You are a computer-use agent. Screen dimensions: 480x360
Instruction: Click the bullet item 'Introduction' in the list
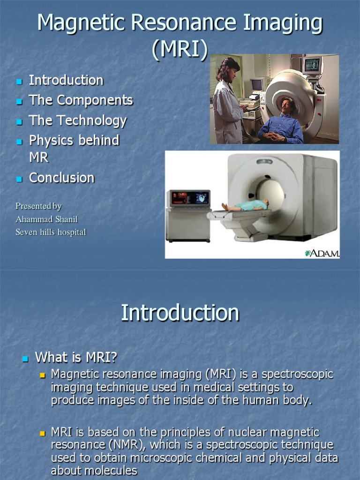coord(66,80)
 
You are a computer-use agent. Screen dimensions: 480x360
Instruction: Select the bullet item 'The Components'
coord(81,100)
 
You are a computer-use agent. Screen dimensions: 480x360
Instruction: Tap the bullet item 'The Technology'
coord(78,120)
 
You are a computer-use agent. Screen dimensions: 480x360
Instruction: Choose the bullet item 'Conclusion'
coord(62,178)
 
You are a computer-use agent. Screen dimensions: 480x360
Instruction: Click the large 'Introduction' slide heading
coord(180,313)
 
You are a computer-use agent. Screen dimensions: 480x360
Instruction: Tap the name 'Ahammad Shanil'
coord(46,219)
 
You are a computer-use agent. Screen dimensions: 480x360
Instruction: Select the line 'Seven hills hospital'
coord(51,232)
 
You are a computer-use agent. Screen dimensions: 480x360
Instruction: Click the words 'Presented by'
coord(38,206)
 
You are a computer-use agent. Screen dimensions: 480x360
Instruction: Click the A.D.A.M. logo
coord(322,253)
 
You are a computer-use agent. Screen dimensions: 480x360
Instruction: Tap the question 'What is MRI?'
coord(76,358)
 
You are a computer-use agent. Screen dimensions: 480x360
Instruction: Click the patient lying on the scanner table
coord(246,205)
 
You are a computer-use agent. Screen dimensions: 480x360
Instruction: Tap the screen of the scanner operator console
coord(190,198)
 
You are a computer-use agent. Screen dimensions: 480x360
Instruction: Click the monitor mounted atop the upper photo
coord(312,65)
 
